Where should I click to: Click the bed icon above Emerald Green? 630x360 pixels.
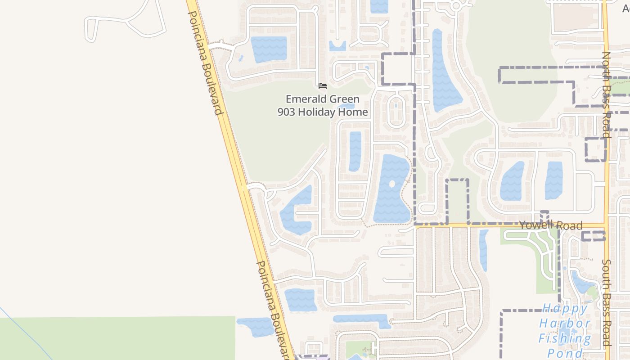(322, 85)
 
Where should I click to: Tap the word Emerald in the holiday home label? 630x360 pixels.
(306, 99)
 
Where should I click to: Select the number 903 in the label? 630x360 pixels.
(286, 112)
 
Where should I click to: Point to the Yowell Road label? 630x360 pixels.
(551, 225)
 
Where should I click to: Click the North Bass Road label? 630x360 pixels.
(606, 94)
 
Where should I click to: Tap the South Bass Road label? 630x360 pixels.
(606, 302)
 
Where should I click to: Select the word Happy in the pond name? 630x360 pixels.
(565, 309)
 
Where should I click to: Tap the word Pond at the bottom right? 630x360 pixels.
(565, 352)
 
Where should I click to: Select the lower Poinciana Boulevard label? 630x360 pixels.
(274, 310)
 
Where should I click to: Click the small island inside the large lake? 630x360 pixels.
(391, 184)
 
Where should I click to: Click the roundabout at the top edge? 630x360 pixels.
(456, 6)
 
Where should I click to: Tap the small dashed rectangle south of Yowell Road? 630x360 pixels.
(593, 236)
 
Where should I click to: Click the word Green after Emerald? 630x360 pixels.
(344, 99)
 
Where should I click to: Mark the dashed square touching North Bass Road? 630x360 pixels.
(595, 149)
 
